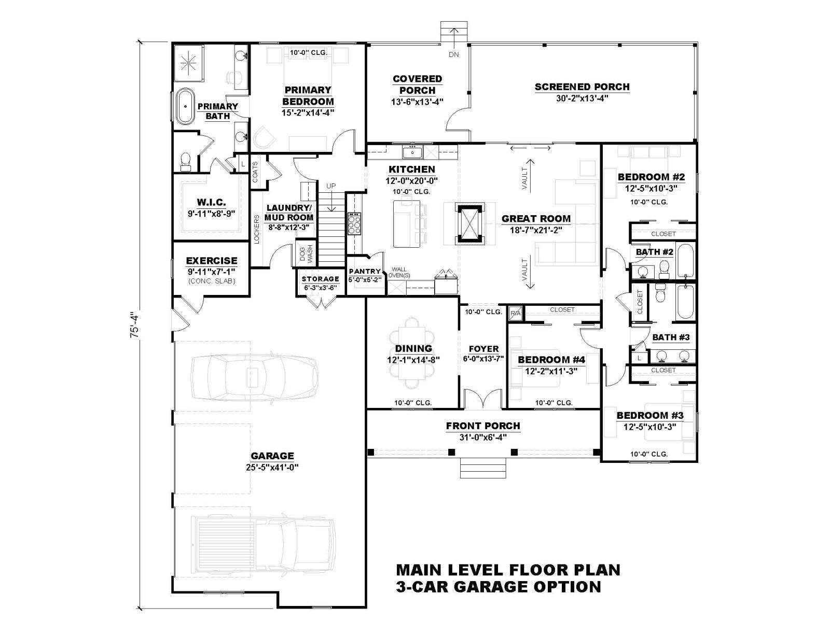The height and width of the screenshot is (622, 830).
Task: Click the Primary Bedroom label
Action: tap(308, 95)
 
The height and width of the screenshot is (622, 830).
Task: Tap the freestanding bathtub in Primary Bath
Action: tap(185, 106)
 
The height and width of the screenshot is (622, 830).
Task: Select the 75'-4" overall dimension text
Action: tap(135, 324)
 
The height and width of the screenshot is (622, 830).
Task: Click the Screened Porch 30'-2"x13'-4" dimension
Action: tap(582, 98)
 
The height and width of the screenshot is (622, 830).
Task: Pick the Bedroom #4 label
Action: tap(551, 360)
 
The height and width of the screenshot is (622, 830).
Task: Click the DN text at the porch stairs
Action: tap(454, 54)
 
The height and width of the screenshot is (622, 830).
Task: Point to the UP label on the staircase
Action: tap(331, 186)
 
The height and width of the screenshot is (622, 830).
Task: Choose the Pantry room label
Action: tap(365, 271)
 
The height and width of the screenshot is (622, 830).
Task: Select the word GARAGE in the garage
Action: tap(272, 456)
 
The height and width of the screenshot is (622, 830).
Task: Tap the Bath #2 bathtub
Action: tap(685, 261)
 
